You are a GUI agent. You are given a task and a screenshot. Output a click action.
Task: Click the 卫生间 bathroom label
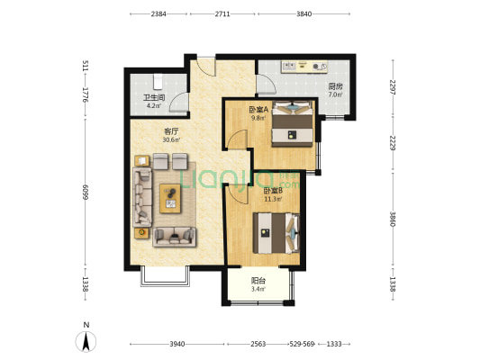coord(152,97)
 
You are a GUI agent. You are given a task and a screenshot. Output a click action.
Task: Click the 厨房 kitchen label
coord(334,86)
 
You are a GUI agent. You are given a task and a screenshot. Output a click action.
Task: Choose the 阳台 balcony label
coord(258,279)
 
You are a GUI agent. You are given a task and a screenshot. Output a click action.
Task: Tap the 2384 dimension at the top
coord(158,14)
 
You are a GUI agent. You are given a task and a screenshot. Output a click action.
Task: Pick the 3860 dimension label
coord(394,221)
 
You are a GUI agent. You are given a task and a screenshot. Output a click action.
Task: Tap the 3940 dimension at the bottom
coord(176,345)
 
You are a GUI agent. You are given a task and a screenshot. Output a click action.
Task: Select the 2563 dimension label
coord(258,345)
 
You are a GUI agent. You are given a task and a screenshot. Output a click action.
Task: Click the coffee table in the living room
coord(170,197)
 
